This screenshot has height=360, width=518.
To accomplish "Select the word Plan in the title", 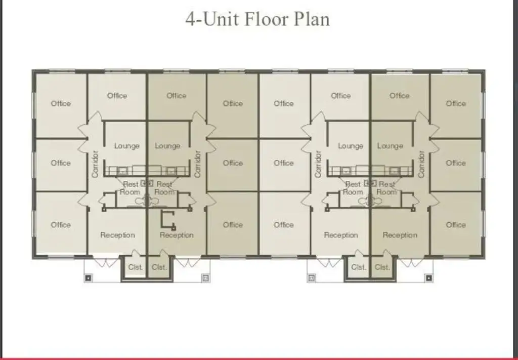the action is pyautogui.click(x=312, y=19).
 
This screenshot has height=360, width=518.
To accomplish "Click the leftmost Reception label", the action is pyautogui.click(x=117, y=235).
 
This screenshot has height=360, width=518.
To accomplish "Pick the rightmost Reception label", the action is pyautogui.click(x=400, y=235).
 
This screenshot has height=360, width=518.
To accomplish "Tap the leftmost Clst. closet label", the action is pyautogui.click(x=136, y=267).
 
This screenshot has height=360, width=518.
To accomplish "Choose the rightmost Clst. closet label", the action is pyautogui.click(x=382, y=267).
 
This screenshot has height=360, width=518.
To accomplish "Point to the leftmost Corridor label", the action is pyautogui.click(x=95, y=164).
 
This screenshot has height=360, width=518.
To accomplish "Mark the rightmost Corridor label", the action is pyautogui.click(x=421, y=164).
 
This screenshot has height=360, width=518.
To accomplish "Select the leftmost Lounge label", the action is pyautogui.click(x=127, y=146).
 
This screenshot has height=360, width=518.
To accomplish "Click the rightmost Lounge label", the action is pyautogui.click(x=390, y=146).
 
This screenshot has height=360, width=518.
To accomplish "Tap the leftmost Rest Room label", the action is pyautogui.click(x=130, y=188).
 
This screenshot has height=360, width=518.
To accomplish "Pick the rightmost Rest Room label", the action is pyautogui.click(x=387, y=188).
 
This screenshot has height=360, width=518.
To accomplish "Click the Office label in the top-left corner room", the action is pyautogui.click(x=61, y=103).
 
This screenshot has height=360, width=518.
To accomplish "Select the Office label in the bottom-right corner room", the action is pyautogui.click(x=456, y=225).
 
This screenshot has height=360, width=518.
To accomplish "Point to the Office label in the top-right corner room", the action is pyautogui.click(x=456, y=103).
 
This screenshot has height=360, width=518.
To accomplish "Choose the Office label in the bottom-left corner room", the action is pyautogui.click(x=61, y=225).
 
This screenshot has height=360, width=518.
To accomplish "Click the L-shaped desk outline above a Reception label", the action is pyautogui.click(x=162, y=220).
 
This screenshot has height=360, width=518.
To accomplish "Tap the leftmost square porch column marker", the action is pyautogui.click(x=88, y=278).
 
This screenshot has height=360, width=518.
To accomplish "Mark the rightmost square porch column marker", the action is pyautogui.click(x=428, y=278).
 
